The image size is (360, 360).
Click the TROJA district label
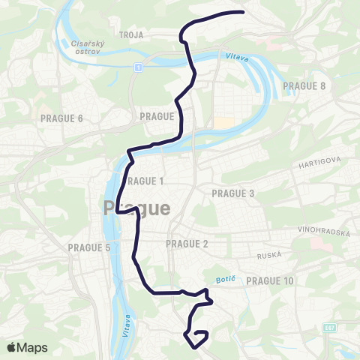pyautogui.click(x=130, y=34)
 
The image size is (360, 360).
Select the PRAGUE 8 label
pyautogui.click(x=304, y=85)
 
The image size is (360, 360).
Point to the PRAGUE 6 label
pyautogui.click(x=63, y=118)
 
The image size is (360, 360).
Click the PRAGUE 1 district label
pyautogui.click(x=145, y=181)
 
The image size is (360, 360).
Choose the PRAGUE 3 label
pyautogui.click(x=234, y=193)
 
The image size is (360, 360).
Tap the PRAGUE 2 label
pyautogui.click(x=187, y=244)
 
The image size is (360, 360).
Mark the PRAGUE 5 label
pyautogui.click(x=89, y=247)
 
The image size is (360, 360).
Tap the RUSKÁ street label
pyautogui.click(x=268, y=255)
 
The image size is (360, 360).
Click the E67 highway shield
pyautogui.click(x=329, y=327)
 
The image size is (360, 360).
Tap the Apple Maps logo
pyautogui.click(x=27, y=347)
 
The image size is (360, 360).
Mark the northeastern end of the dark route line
pyautogui.click(x=244, y=12)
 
